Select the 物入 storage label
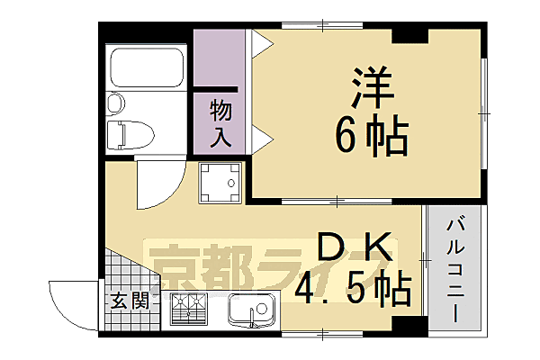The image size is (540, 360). click(221, 124)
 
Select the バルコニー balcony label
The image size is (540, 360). click(455, 270)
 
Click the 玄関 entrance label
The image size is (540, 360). click(123, 301)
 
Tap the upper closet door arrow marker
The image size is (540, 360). click(258, 41)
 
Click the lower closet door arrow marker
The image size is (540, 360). click(258, 138)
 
